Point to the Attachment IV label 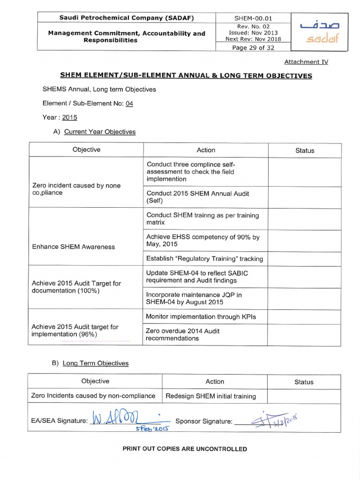[x=306, y=62]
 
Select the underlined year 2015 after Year [x=69, y=117]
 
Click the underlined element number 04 [x=129, y=103]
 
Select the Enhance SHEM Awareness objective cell [x=73, y=247]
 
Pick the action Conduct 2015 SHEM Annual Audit [x=197, y=197]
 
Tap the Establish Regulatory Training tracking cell [x=204, y=258]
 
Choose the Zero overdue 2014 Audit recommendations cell [x=183, y=334]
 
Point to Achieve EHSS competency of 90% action [x=202, y=240]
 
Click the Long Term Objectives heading [x=96, y=363]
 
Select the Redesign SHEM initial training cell [x=210, y=396]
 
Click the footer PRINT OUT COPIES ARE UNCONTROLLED [x=185, y=449]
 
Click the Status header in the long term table [x=304, y=382]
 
